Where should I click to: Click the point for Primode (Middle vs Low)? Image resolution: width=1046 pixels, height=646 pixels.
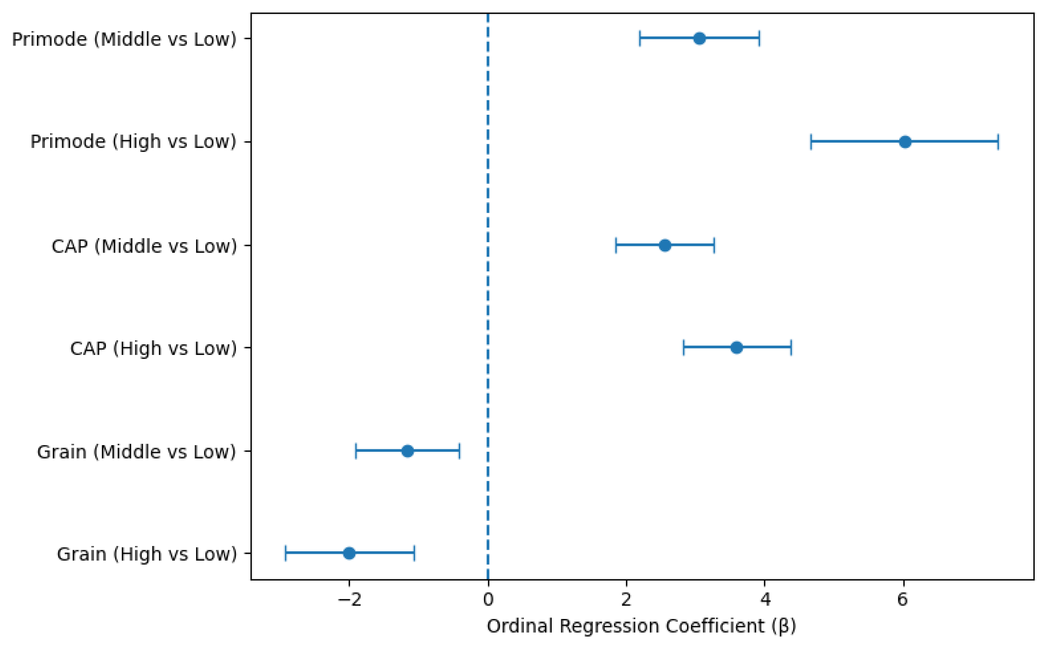pyautogui.click(x=699, y=38)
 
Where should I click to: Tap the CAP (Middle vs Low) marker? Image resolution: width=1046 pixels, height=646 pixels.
pyautogui.click(x=665, y=246)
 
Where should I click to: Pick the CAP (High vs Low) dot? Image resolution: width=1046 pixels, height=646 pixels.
pyautogui.click(x=736, y=348)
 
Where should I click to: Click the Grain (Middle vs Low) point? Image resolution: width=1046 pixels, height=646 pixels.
pyautogui.click(x=407, y=451)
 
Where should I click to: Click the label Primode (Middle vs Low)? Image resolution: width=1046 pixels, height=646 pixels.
pyautogui.click(x=124, y=39)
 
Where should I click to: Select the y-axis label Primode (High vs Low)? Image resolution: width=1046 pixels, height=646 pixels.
pyautogui.click(x=133, y=142)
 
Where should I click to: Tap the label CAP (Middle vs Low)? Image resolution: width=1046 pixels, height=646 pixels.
pyautogui.click(x=144, y=246)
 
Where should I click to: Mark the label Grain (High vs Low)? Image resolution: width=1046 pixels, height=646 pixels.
pyautogui.click(x=147, y=554)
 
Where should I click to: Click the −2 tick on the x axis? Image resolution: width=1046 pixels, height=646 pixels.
pyautogui.click(x=349, y=600)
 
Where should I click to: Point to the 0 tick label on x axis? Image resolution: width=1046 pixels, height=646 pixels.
pyautogui.click(x=488, y=600)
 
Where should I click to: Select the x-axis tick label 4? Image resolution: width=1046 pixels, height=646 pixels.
pyautogui.click(x=765, y=600)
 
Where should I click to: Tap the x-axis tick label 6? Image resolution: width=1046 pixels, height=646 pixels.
pyautogui.click(x=902, y=600)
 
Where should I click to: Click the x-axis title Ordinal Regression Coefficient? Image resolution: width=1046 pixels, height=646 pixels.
pyautogui.click(x=641, y=626)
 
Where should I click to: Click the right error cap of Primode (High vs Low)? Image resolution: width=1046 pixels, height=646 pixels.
pyautogui.click(x=998, y=142)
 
